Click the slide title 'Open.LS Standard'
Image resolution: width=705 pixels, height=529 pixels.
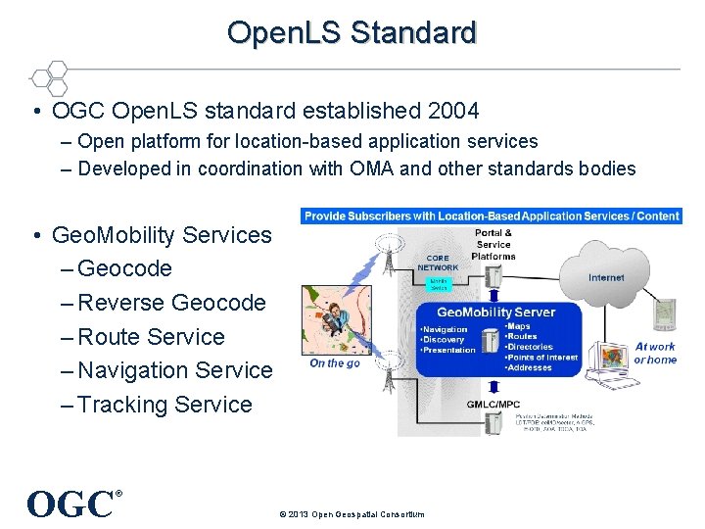click(x=352, y=32)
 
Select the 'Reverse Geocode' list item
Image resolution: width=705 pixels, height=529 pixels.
click(x=171, y=303)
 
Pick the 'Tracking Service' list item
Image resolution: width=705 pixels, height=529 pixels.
click(x=164, y=405)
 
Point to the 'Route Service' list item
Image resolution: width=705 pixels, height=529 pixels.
click(x=151, y=337)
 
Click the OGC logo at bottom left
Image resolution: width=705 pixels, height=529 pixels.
click(x=70, y=504)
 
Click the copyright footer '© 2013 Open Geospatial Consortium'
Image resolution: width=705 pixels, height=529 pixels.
click(x=352, y=514)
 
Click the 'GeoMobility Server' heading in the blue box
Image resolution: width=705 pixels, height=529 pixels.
click(x=495, y=312)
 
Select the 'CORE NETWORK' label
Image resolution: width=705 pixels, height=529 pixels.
click(x=438, y=263)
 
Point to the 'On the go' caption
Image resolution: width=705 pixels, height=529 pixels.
click(x=335, y=363)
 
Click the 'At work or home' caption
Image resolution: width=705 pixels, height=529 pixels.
click(x=655, y=353)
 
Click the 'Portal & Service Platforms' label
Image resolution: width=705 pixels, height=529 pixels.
click(x=493, y=244)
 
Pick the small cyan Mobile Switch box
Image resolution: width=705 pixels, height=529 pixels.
click(x=439, y=284)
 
